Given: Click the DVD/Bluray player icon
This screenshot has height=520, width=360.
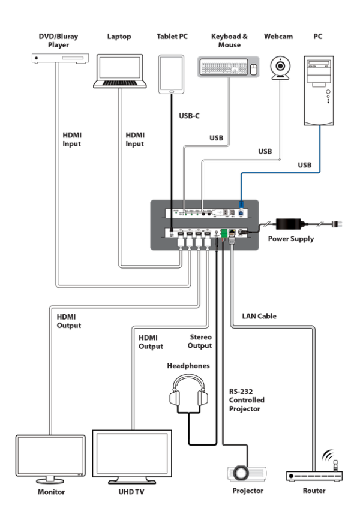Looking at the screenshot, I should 60,58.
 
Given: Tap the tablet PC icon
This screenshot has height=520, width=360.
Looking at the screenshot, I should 171,74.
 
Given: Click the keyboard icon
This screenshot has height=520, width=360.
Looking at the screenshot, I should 223,67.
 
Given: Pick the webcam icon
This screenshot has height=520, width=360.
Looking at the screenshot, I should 280,68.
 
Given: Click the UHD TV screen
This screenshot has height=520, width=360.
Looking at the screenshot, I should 132,456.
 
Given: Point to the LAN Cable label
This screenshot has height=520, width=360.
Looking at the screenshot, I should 259,316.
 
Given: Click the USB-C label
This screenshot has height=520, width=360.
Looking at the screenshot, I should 189,116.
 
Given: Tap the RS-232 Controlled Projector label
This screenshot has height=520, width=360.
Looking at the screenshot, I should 247,400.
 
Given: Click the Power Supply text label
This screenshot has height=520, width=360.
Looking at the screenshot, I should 291,239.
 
